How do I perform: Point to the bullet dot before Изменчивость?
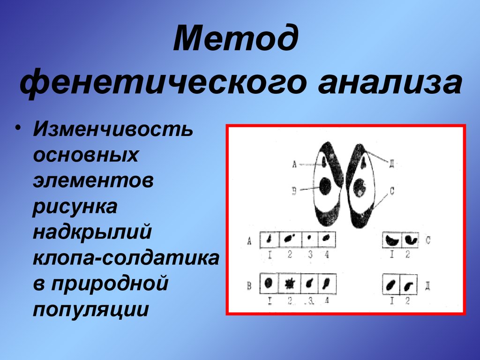pos(18,129)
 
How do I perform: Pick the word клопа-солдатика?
pos(126,258)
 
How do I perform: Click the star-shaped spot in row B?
pos(290,283)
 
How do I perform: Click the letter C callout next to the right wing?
pos(392,190)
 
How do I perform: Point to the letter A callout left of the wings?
pos(294,164)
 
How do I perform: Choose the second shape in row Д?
pos(409,285)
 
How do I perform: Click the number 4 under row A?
pos(327,255)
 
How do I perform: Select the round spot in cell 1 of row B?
pos(269,283)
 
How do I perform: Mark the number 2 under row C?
pos(408,255)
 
